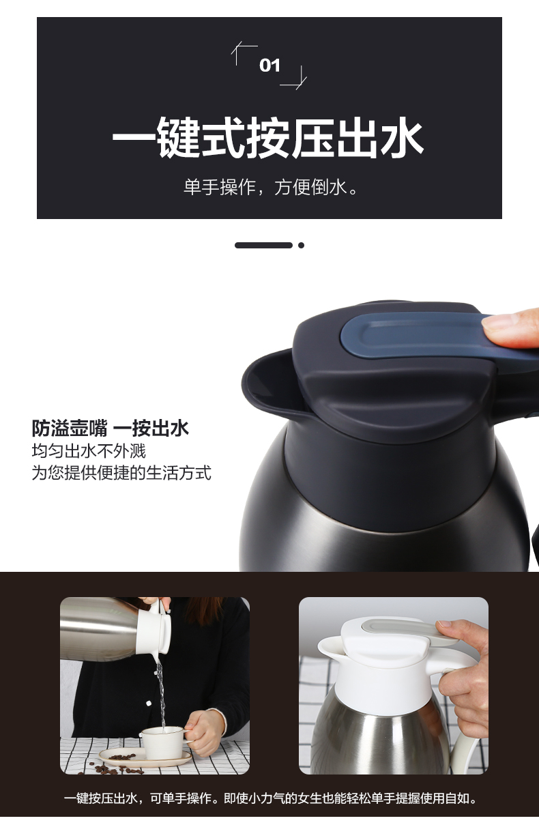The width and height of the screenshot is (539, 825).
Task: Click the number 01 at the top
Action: click(269, 66)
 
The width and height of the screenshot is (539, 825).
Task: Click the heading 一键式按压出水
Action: click(267, 137)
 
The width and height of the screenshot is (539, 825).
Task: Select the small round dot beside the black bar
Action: click(301, 245)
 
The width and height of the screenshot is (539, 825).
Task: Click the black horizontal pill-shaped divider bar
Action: click(263, 245)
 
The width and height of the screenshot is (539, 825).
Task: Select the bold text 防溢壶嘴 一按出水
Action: click(110, 428)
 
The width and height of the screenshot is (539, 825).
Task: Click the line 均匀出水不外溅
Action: click(89, 451)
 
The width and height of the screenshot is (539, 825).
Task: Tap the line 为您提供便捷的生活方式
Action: click(121, 473)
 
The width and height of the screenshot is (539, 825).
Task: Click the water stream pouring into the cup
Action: click(160, 693)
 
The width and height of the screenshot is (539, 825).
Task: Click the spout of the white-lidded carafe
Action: click(330, 648)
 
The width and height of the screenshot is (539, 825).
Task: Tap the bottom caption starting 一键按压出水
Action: click(271, 798)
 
